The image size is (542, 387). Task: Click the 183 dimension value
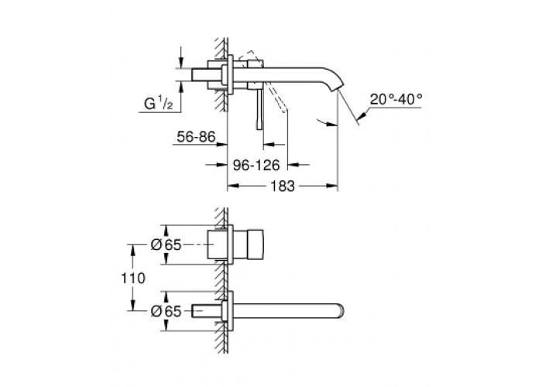[x=283, y=186]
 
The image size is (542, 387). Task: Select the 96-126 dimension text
[x=256, y=165]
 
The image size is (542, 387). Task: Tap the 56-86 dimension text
[x=196, y=137]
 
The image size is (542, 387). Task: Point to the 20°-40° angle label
[x=396, y=100]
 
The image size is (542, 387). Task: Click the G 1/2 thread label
[x=158, y=103]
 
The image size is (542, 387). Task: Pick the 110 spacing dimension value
[x=133, y=278]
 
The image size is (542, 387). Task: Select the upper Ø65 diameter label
[x=166, y=245]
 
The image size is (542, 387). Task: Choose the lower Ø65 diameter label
[x=166, y=311]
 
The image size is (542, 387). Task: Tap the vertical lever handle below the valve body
[x=259, y=109]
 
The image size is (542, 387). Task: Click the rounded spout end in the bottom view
[x=341, y=310]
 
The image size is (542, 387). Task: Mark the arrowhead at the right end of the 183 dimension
[x=332, y=187]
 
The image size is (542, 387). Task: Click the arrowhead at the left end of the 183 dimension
[x=232, y=187]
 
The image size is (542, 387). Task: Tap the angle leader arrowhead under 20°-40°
[x=363, y=116]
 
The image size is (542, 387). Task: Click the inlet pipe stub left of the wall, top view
[x=207, y=74]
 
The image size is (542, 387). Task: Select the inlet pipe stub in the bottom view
[x=207, y=310]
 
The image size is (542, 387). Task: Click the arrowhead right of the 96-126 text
[x=293, y=165]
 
